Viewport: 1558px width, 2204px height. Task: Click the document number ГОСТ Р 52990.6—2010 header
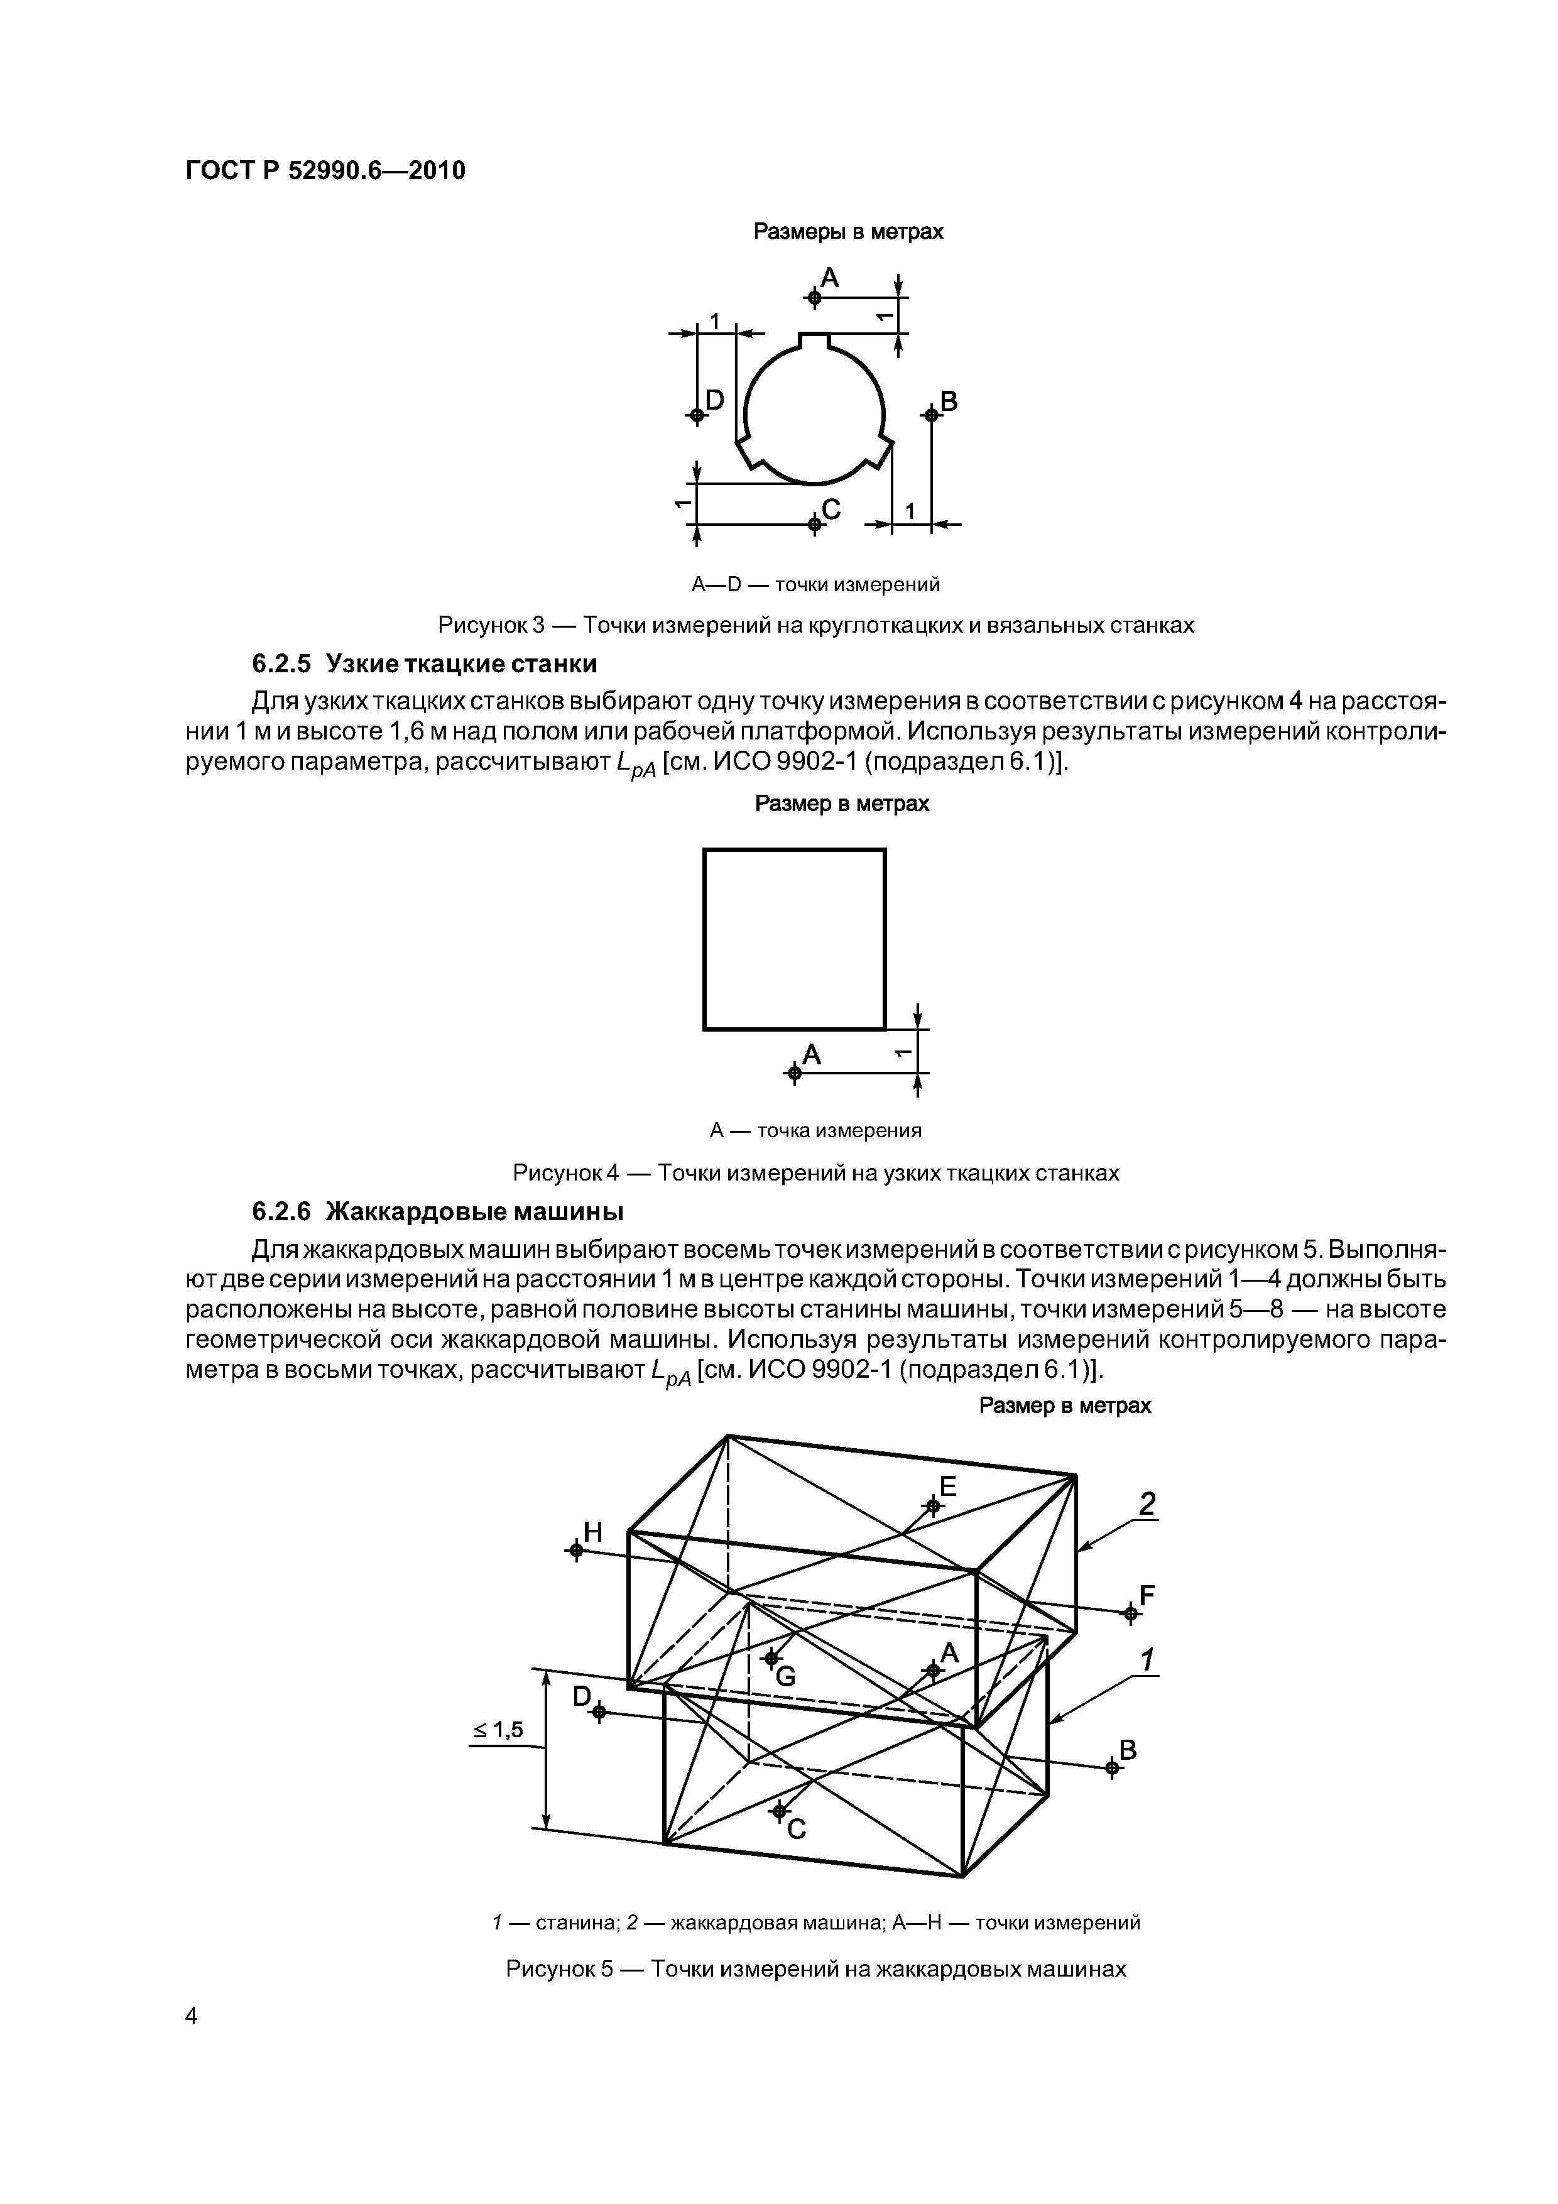324,171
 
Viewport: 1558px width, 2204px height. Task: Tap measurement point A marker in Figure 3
814,298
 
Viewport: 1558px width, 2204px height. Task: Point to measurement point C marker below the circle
814,523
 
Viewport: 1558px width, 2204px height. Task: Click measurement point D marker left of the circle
697,415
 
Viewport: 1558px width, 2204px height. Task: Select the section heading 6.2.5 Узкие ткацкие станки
424,663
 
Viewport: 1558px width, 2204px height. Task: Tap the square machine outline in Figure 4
794,939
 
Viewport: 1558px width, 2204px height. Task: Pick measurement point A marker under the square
793,1072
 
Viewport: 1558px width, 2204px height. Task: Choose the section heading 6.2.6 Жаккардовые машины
438,1213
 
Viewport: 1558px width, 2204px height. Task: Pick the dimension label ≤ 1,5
498,1730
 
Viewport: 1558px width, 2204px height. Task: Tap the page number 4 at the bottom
191,2042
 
